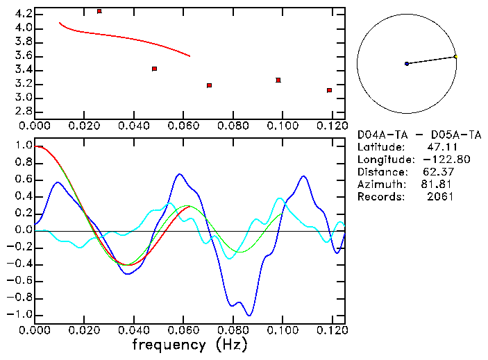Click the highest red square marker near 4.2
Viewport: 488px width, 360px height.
[99, 11]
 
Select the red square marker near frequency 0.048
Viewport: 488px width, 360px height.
[154, 69]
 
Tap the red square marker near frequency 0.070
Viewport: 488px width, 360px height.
[209, 85]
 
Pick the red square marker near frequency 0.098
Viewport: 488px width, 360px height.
[278, 80]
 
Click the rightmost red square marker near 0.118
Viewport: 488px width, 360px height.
[329, 90]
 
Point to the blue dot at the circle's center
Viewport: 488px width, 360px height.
[407, 64]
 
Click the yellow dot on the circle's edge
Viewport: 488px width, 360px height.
[455, 56]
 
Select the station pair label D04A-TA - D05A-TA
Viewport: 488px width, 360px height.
[419, 135]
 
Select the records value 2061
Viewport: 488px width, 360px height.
[441, 197]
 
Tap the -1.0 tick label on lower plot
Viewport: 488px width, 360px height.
[21, 315]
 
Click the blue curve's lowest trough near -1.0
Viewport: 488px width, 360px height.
[249, 315]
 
